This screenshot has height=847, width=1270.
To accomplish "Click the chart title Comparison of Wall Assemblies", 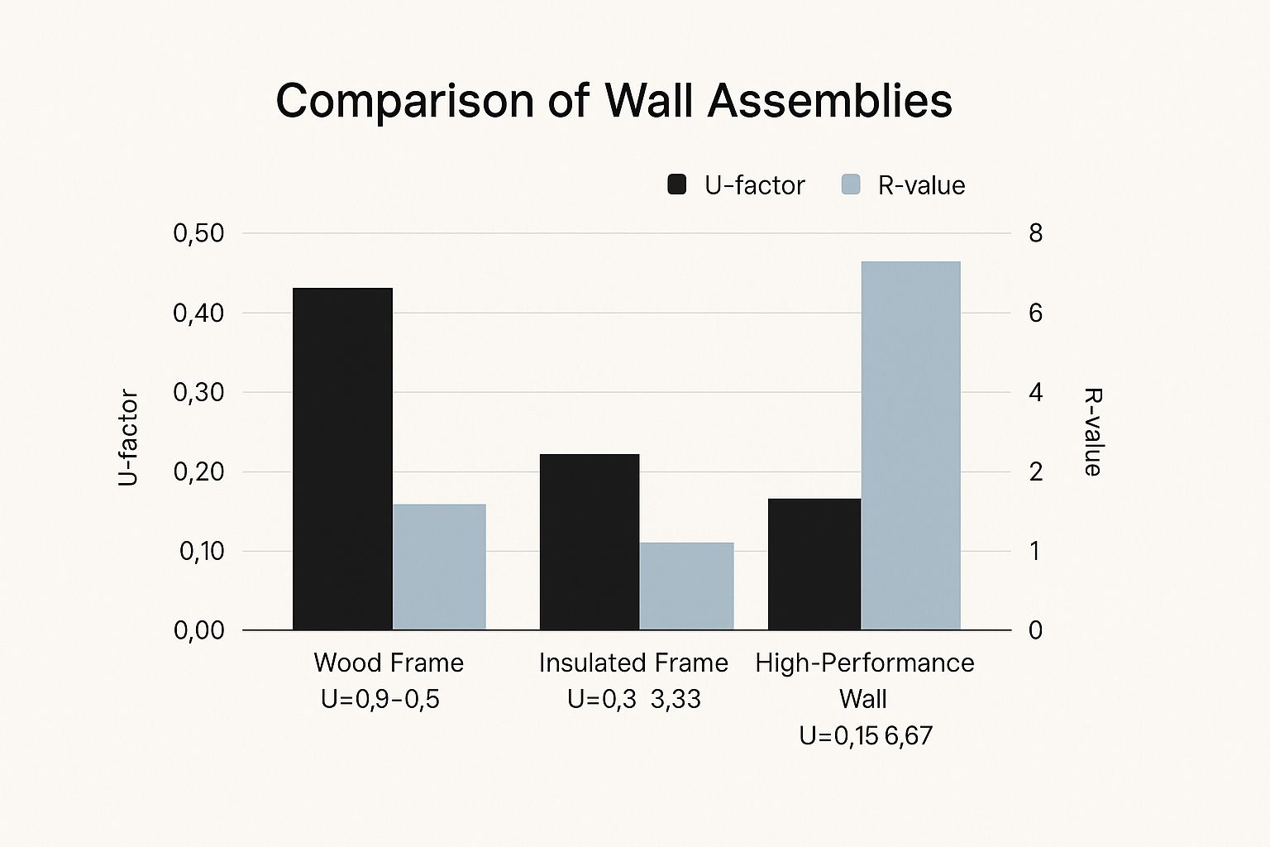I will tap(614, 101).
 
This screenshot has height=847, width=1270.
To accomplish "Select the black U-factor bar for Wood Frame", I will tap(342, 459).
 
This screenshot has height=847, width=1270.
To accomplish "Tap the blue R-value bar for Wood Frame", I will tap(439, 567).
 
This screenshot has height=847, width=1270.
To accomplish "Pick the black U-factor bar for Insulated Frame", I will tap(590, 542).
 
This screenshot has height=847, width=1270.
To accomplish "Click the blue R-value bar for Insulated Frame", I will tap(686, 586).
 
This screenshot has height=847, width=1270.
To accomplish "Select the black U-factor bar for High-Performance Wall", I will tap(814, 564).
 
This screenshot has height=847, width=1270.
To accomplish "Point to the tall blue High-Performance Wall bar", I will tap(910, 446).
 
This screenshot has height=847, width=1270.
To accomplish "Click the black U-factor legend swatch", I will tap(676, 184).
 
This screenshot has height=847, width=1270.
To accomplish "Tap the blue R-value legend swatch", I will tap(851, 184).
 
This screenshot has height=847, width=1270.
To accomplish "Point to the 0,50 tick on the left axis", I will tap(198, 233).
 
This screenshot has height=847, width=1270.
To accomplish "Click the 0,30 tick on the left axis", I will tap(198, 392).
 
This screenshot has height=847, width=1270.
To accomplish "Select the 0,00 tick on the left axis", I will tap(198, 630).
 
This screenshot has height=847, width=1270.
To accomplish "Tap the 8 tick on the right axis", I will tap(1035, 233).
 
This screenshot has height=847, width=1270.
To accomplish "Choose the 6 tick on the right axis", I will tap(1035, 313).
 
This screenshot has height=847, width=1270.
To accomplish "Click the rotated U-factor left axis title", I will tap(128, 438).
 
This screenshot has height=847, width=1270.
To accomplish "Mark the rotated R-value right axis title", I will tap(1092, 432).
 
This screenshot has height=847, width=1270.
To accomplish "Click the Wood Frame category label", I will tap(389, 663).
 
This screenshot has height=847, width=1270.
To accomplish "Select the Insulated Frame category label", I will tap(633, 663).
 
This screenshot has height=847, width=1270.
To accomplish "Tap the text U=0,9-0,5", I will tap(380, 700).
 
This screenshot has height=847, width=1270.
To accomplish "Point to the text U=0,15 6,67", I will tap(866, 735).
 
